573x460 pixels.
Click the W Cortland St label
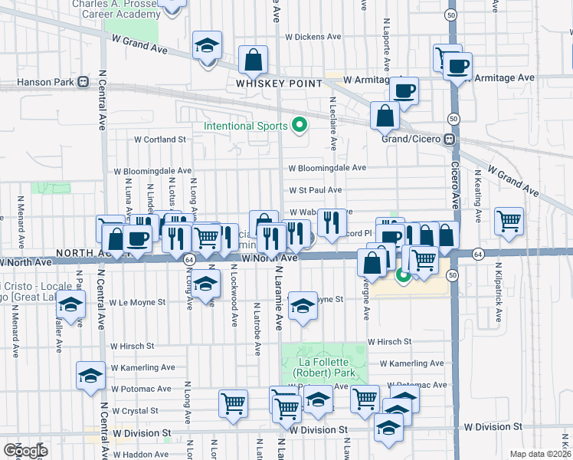point(160,140)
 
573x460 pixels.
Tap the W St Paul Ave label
point(315,189)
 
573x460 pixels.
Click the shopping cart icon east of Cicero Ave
point(509,221)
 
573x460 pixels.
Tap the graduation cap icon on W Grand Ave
point(207,46)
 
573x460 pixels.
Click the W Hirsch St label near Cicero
point(389,341)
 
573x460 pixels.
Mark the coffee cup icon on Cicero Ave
point(458,66)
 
